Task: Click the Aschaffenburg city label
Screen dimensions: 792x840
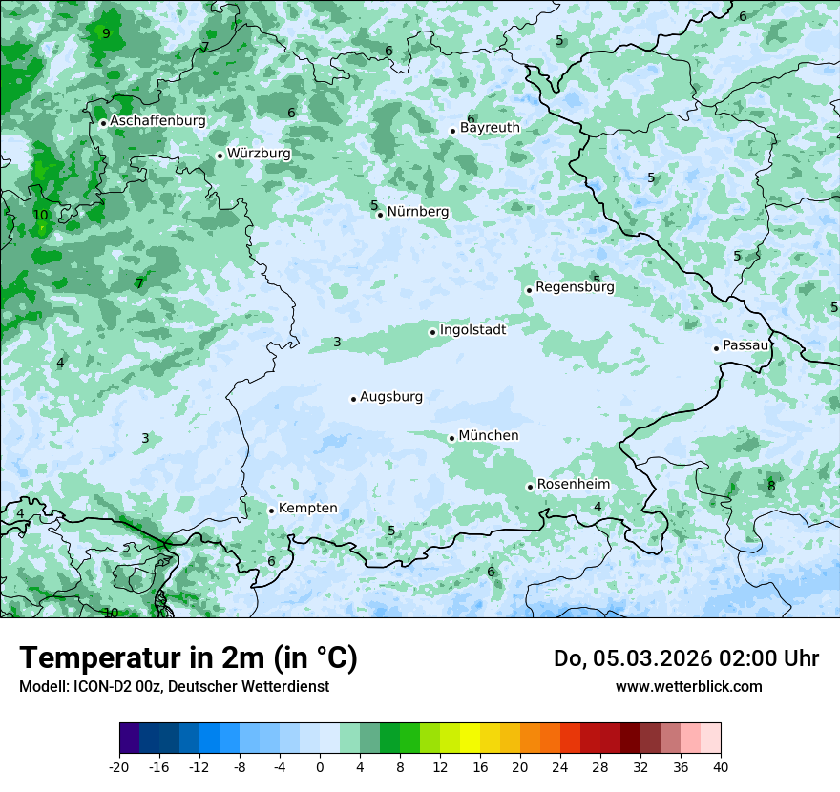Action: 157,121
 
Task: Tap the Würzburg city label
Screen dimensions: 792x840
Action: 259,154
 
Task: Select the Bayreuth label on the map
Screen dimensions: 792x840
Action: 490,128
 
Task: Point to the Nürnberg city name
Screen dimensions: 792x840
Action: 417,212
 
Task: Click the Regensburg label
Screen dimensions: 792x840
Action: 575,287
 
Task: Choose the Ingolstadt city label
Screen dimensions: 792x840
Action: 472,330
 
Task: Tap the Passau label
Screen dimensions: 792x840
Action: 745,345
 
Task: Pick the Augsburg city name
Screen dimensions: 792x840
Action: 390,397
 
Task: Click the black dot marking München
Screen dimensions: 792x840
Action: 452,438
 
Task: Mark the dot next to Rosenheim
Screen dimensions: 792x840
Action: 531,487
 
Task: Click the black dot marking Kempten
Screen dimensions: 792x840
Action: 272,511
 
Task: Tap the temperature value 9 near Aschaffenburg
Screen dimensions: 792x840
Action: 106,33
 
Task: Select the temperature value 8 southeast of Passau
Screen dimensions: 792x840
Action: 771,486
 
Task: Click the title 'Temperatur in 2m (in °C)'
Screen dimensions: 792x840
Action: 188,658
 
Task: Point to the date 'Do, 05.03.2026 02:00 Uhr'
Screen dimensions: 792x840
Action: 685,658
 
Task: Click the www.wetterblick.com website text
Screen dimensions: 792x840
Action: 688,687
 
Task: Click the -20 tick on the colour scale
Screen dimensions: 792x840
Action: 119,767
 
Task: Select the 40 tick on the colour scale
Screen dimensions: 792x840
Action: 720,767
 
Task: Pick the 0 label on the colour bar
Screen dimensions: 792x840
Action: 320,767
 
